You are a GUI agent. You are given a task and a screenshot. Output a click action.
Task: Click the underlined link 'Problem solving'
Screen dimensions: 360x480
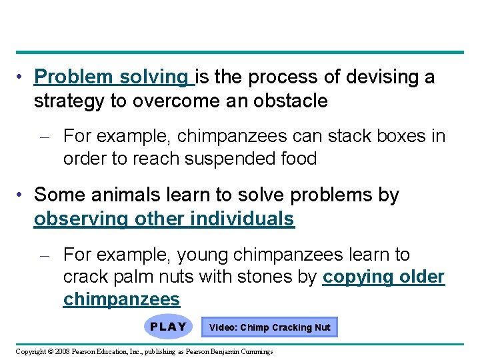[x=113, y=78]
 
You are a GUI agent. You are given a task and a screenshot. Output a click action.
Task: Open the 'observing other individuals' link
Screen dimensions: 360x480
[x=164, y=219]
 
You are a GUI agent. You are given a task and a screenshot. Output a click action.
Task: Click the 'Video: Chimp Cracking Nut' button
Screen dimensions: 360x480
[x=269, y=327]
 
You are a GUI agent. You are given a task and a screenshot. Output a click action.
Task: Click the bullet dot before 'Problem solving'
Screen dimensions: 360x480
[x=22, y=78]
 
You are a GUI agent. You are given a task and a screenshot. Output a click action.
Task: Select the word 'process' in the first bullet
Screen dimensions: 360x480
[x=266, y=78]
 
